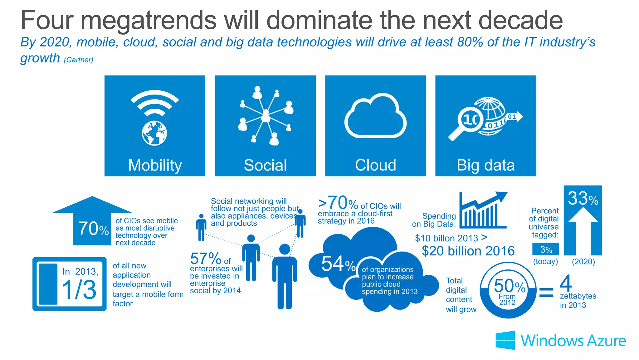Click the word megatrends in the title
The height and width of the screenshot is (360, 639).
(149, 21)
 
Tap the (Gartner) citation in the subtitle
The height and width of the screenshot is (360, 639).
(78, 60)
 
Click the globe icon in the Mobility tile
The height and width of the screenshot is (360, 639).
(154, 133)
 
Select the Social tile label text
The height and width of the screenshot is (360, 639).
(265, 165)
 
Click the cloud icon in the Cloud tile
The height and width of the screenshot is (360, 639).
(375, 117)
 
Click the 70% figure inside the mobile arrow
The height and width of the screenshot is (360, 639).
(93, 229)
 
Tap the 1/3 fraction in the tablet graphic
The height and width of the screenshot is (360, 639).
(79, 289)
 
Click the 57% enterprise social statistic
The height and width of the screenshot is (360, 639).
(206, 259)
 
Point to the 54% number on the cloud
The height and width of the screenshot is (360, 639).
(338, 264)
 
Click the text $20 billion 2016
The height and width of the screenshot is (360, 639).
(468, 251)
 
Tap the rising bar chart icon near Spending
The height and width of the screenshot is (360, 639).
(482, 211)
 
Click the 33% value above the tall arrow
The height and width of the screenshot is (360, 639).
(583, 198)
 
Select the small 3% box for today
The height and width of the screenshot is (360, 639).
(546, 249)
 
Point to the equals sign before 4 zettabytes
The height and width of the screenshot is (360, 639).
(546, 292)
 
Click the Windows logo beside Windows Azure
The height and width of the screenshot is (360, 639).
(505, 340)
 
